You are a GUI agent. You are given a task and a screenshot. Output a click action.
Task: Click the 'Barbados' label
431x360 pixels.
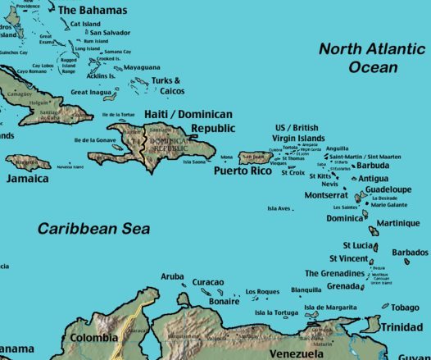coord(410,253)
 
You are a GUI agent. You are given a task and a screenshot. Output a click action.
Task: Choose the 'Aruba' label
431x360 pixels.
coord(172,277)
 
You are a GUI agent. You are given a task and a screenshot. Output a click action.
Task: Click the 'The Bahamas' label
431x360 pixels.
coord(93,11)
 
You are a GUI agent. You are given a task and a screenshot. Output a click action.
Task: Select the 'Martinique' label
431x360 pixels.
coord(402,223)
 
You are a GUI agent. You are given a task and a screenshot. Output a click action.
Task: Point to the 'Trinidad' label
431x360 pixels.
coord(402,327)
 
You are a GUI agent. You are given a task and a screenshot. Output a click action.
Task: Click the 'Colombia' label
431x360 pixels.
coord(93,337)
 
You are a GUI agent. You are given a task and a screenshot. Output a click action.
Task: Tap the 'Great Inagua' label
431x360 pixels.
coord(90,93)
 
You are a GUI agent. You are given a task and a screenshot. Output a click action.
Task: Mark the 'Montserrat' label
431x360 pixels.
coord(326,195)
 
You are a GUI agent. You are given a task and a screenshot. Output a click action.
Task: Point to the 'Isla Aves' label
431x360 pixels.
coord(279,208)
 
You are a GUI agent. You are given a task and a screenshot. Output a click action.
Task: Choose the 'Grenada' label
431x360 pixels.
coord(343,286)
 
